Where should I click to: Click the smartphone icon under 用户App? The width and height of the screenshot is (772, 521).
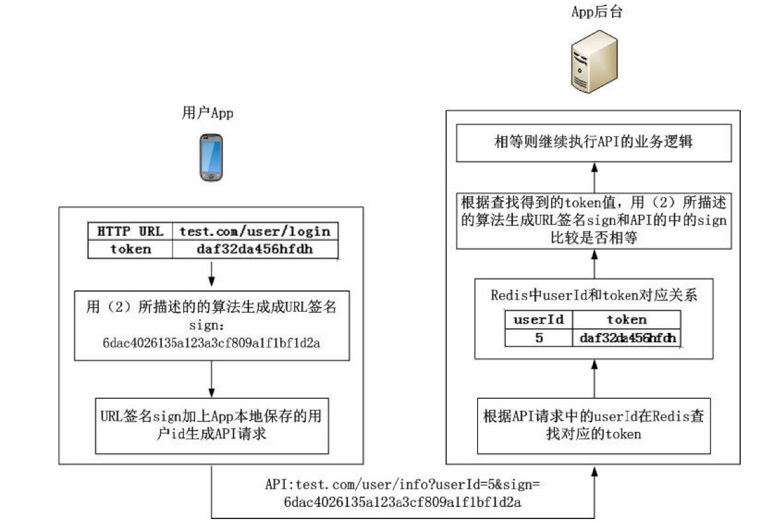pos(211,157)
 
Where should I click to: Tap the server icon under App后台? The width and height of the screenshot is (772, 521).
pos(587,65)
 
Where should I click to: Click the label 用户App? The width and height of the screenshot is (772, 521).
pos(208,113)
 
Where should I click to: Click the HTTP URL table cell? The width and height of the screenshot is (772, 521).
pos(130,231)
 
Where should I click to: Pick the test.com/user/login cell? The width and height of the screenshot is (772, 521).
pos(255,231)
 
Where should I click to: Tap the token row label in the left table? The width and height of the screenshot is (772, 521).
pos(130,249)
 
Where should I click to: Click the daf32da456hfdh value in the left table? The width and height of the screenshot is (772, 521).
pos(255,249)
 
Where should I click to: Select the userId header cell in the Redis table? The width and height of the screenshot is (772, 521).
pos(538,320)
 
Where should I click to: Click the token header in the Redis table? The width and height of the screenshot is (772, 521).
pos(626,320)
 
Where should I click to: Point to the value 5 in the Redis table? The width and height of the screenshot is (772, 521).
pos(538,338)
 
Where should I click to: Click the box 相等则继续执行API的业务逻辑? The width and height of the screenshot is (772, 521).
pos(593,142)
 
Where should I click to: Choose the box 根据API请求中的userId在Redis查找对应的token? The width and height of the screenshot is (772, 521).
pos(593,425)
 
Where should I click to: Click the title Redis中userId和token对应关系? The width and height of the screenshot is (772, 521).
pos(593,296)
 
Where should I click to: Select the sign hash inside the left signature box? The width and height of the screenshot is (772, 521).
pos(212,343)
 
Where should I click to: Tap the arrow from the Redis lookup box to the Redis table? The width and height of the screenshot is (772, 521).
pos(594,378)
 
